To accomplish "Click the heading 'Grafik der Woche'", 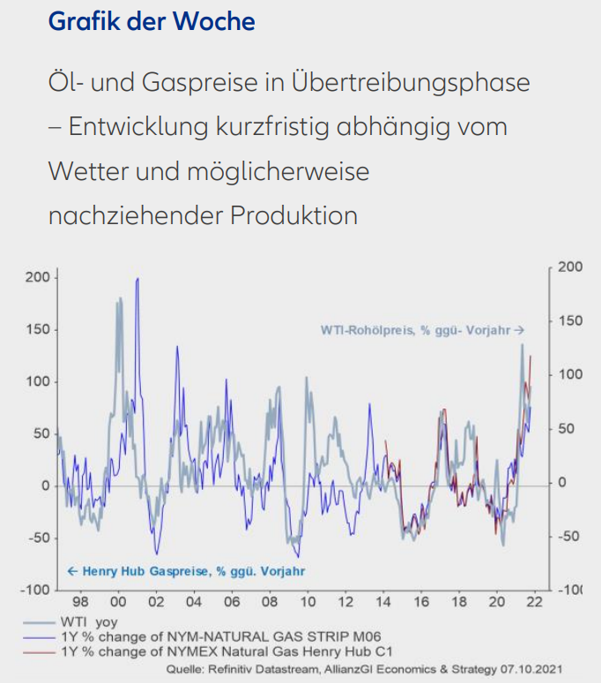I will (152, 20).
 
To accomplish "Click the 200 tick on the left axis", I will (38, 277).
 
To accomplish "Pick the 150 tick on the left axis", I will (38, 329).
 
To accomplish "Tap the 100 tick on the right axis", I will (571, 374).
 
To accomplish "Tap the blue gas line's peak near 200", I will (137, 279).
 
